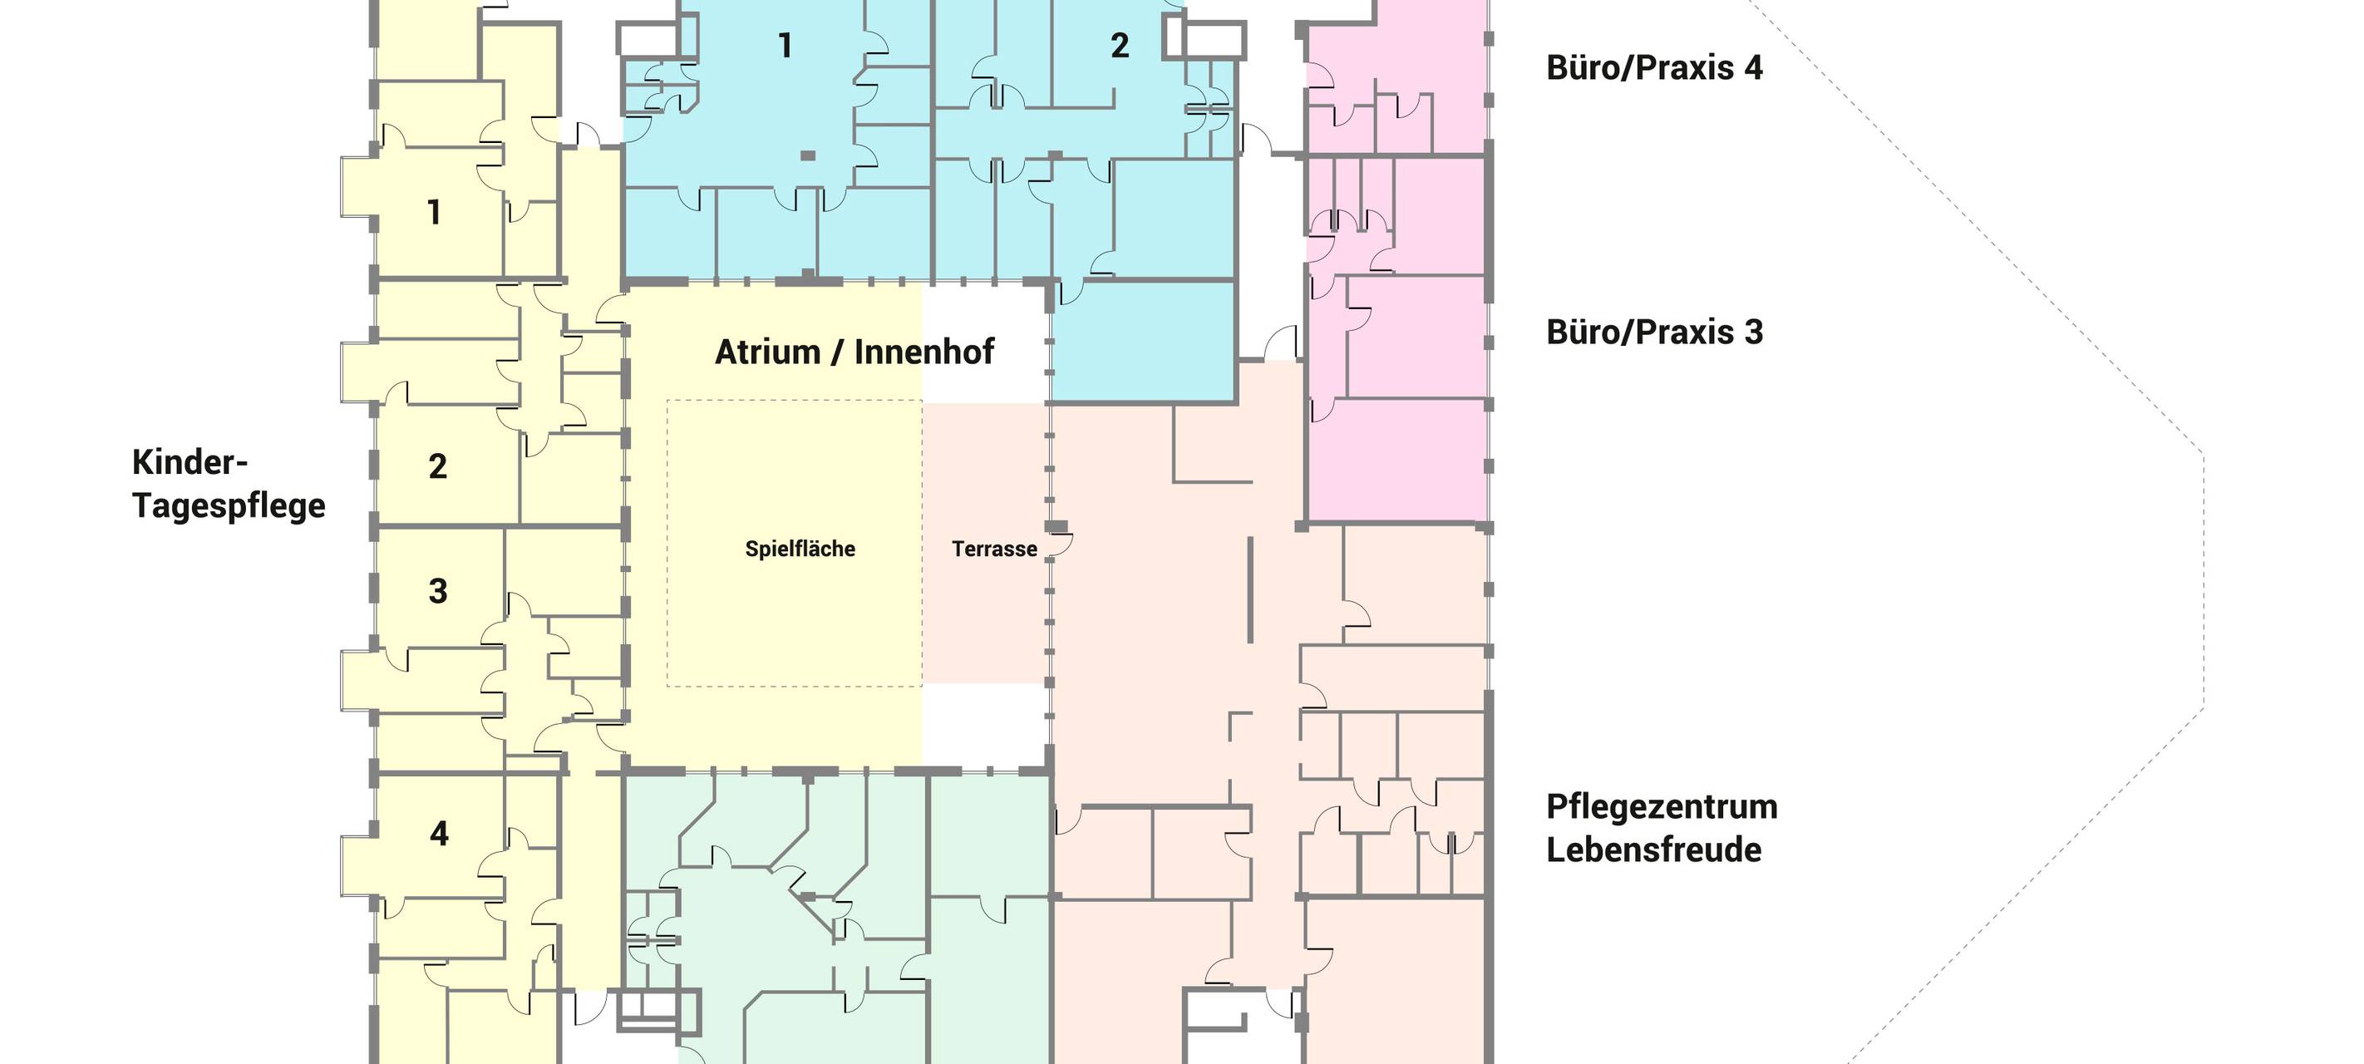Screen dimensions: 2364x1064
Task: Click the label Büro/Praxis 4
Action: (1653, 68)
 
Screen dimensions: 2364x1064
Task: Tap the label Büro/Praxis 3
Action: (1653, 332)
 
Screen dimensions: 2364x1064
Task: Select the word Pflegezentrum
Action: (1662, 807)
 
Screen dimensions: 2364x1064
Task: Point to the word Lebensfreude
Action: (1653, 850)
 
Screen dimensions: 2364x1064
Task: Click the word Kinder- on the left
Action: (190, 462)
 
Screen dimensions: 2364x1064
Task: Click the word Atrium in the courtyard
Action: (767, 352)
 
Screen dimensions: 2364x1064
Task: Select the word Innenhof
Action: (924, 352)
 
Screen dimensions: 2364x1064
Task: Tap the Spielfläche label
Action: (800, 549)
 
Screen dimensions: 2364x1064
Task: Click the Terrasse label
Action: (995, 549)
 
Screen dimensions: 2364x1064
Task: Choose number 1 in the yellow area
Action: (434, 213)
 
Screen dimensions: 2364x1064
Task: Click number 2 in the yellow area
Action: (438, 466)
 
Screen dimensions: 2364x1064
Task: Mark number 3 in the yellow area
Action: (438, 591)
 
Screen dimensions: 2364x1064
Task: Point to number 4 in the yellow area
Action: (439, 834)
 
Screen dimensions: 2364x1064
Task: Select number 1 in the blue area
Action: (785, 46)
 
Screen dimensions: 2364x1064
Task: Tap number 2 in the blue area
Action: (1120, 46)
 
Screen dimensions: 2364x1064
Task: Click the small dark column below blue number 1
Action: (808, 156)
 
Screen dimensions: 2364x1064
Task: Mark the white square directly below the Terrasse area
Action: (985, 725)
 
